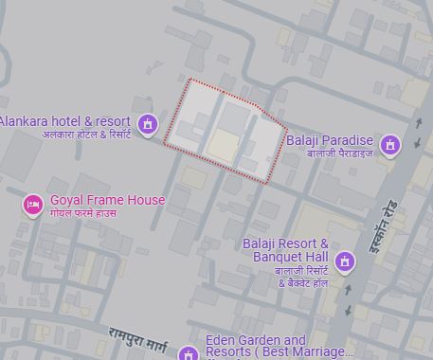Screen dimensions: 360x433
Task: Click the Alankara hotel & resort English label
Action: click(x=64, y=122)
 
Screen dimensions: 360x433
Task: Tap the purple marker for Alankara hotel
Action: click(x=147, y=123)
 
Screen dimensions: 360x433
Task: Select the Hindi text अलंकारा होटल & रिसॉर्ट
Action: click(x=85, y=135)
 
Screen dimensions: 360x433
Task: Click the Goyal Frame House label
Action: click(x=107, y=200)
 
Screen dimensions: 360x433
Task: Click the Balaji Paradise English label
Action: click(x=329, y=140)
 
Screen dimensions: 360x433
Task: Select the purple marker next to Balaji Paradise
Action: click(x=388, y=145)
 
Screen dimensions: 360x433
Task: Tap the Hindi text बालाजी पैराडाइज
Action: click(x=333, y=153)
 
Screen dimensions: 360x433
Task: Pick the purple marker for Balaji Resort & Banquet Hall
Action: click(x=345, y=261)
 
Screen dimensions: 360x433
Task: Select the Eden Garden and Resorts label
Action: click(x=256, y=341)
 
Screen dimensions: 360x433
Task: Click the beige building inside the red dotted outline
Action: click(x=223, y=146)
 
